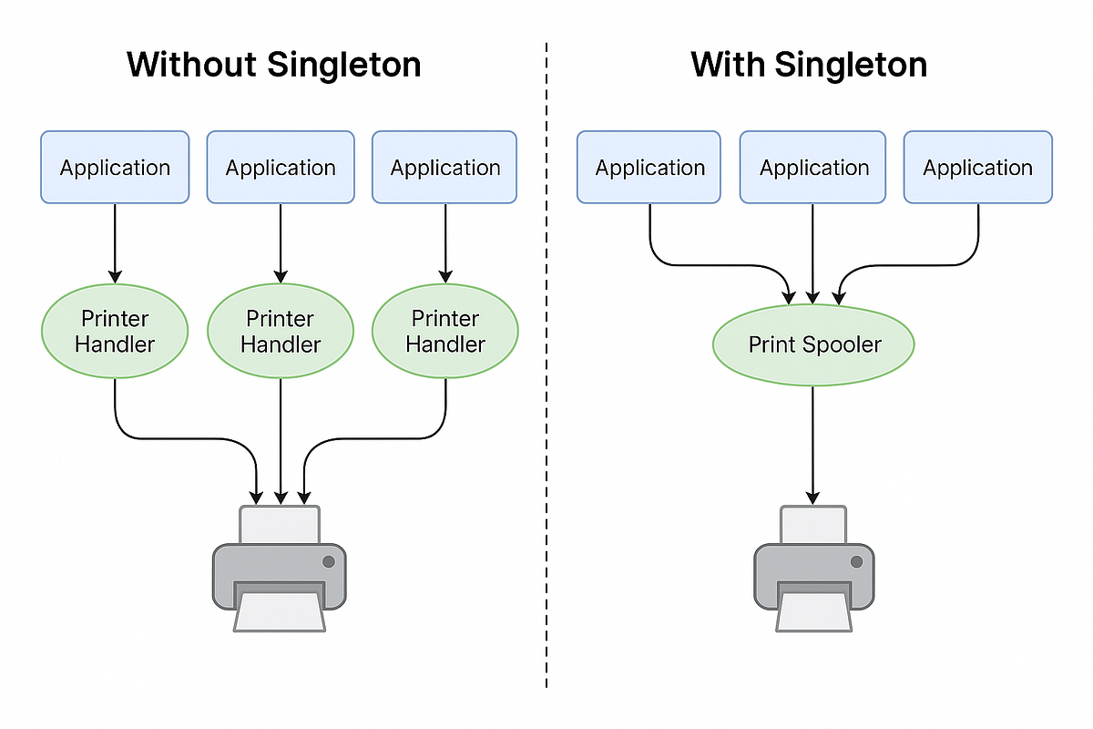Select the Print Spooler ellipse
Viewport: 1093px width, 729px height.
(x=813, y=344)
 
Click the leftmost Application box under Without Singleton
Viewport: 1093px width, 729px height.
(x=115, y=167)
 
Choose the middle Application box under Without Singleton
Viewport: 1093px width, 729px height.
(x=281, y=167)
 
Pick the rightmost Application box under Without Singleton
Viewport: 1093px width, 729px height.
(x=445, y=167)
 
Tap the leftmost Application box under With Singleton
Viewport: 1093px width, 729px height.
(x=649, y=167)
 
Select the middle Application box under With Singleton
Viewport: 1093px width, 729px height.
(x=813, y=167)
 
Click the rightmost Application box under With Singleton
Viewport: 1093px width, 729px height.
(x=977, y=167)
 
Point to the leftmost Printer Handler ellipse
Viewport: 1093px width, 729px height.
(x=115, y=331)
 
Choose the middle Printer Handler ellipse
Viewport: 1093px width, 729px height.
(x=281, y=331)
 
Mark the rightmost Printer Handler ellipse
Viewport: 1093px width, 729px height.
(x=445, y=331)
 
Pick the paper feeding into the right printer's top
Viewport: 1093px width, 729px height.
(x=813, y=525)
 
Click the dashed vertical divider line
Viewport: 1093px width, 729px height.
(x=546, y=364)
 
